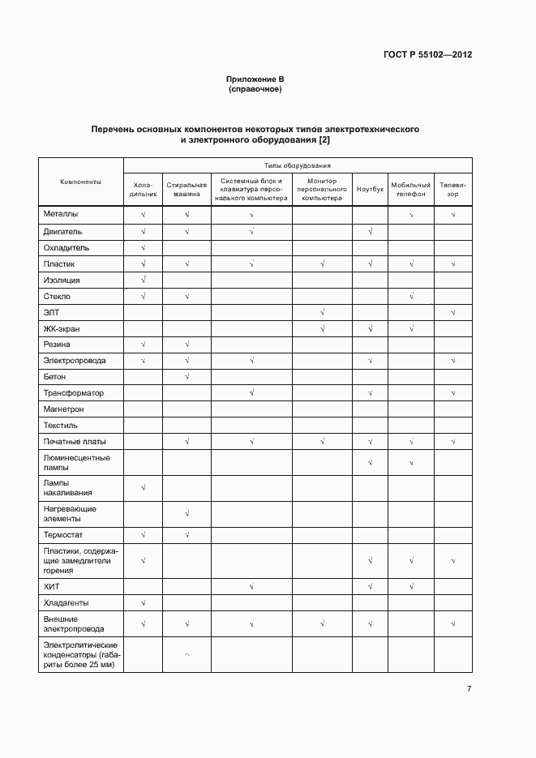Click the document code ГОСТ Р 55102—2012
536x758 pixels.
pyautogui.click(x=427, y=55)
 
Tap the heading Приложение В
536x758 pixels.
pyautogui.click(x=255, y=79)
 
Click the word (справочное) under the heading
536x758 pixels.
pyautogui.click(x=255, y=89)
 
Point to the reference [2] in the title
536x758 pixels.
pyautogui.click(x=324, y=140)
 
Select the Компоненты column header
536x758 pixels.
pyautogui.click(x=80, y=182)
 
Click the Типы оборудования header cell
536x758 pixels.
pyautogui.click(x=297, y=165)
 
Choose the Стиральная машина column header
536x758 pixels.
pyautogui.click(x=187, y=190)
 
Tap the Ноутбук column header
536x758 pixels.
pyautogui.click(x=370, y=189)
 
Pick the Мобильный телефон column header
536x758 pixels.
pyautogui.click(x=411, y=190)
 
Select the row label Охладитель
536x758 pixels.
pyautogui.click(x=66, y=247)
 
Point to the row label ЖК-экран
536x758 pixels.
pyautogui.click(x=62, y=328)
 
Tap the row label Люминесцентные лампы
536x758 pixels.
pyautogui.click(x=76, y=463)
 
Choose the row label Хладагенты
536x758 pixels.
pyautogui.click(x=66, y=603)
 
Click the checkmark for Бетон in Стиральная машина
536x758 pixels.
pyautogui.click(x=187, y=377)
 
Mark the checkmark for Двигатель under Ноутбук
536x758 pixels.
pyautogui.click(x=370, y=232)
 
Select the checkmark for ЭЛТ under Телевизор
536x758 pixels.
pyautogui.click(x=452, y=312)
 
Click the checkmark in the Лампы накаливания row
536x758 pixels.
pyautogui.click(x=143, y=487)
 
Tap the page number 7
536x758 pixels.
pyautogui.click(x=469, y=688)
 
